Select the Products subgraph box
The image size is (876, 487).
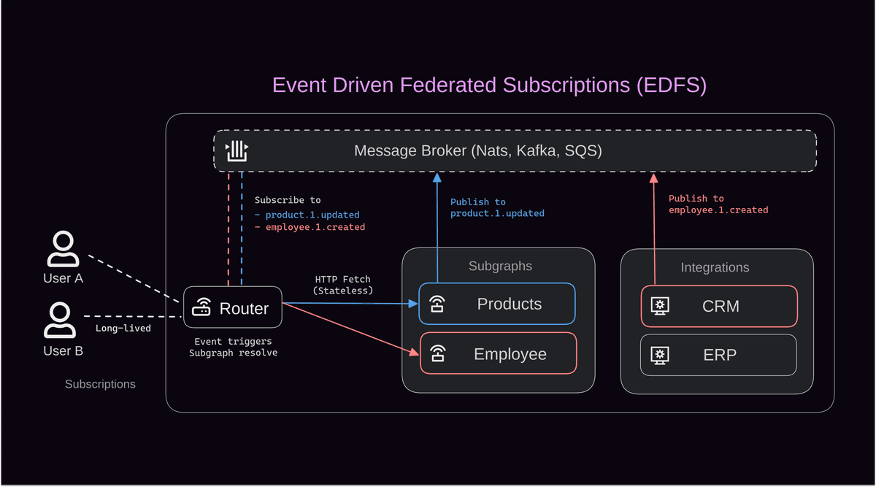coord(497,304)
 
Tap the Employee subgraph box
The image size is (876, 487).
coord(499,354)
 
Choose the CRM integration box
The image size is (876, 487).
coord(719,306)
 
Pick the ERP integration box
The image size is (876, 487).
coord(718,355)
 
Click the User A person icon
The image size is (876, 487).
coord(63,250)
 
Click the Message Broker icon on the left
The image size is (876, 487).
coord(237,150)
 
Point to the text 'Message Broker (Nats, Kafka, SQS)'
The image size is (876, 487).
coord(477,151)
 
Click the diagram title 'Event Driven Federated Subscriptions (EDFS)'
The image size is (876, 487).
coord(489,85)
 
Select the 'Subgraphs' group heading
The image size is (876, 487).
coord(500,266)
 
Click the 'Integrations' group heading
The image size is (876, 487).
coord(715,268)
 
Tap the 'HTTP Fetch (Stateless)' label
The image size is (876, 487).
coord(342,285)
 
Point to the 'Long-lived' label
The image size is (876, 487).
coord(123,329)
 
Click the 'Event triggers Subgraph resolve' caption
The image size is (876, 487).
coord(232,347)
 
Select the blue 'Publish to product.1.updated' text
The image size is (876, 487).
coord(496,208)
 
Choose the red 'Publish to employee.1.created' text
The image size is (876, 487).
coord(718,204)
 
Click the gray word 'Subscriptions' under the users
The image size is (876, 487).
coord(100,384)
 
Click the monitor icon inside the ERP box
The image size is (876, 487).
coord(660,355)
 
